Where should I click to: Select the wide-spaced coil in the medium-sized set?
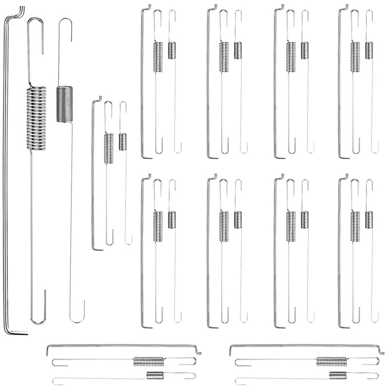pos(109,148)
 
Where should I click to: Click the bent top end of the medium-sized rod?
pos(98,99)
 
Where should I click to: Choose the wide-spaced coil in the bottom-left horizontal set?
pos(149,361)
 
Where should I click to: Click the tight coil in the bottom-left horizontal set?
pos(155,375)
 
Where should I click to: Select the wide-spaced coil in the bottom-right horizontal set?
pos(332,361)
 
